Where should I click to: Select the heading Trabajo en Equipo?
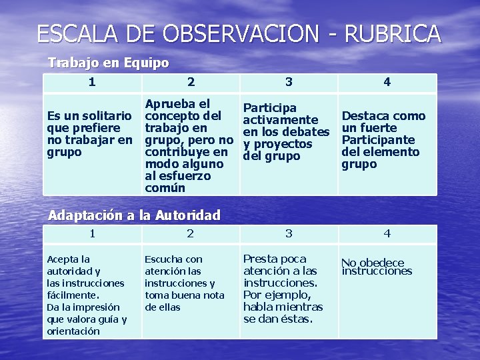click(108, 63)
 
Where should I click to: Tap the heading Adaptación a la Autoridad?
click(135, 215)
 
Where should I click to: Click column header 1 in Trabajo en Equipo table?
click(91, 82)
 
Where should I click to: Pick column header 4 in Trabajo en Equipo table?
click(387, 82)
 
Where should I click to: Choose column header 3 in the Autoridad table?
click(289, 233)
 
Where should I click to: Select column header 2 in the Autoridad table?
click(190, 233)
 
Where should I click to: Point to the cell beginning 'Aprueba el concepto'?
click(189, 146)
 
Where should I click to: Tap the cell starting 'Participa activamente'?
click(287, 132)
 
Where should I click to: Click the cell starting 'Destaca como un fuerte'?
click(383, 140)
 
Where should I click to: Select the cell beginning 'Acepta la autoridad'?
click(87, 295)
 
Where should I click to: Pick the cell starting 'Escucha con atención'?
click(185, 283)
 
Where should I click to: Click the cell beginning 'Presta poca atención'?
click(283, 289)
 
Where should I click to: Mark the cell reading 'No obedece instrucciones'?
click(377, 267)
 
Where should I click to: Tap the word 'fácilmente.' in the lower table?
click(73, 295)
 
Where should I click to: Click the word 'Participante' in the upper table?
click(378, 140)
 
